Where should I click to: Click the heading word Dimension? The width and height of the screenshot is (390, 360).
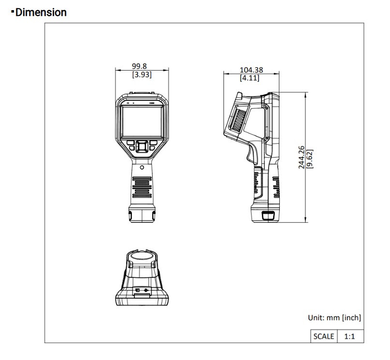pos(41,13)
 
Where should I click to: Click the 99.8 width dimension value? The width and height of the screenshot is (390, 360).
pos(139,66)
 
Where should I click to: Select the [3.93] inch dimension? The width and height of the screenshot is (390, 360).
pos(142,74)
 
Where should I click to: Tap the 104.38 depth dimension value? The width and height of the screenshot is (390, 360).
pos(251,70)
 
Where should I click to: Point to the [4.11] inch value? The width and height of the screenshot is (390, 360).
pos(249,78)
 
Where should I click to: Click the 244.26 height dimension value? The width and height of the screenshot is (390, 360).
pos(301,157)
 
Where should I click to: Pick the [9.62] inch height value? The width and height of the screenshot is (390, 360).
pos(310,159)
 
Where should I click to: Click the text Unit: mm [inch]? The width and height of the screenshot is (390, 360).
pos(334,317)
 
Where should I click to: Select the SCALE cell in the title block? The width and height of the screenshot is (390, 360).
pos(324,336)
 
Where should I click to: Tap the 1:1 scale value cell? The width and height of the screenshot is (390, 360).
pos(350,336)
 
